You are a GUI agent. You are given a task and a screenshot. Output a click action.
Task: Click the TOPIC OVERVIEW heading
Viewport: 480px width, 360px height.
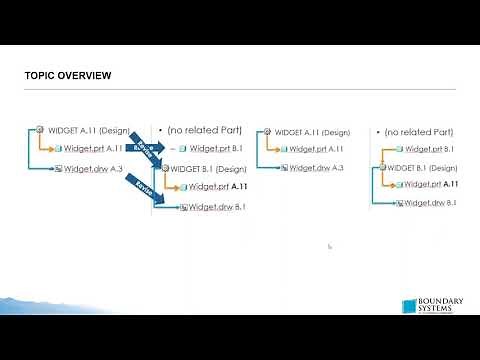(68, 76)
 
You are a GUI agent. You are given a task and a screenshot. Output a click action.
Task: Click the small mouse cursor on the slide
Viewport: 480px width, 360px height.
(329, 245)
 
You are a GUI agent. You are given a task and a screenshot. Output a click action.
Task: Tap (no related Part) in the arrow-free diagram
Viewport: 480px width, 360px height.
(419, 132)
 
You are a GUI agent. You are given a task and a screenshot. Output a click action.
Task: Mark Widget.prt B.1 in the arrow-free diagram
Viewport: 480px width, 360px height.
(430, 149)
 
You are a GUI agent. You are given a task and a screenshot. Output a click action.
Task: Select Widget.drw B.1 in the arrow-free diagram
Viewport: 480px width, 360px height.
(431, 203)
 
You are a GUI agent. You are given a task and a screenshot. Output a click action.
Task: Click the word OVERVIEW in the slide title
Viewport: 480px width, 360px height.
(87, 76)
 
